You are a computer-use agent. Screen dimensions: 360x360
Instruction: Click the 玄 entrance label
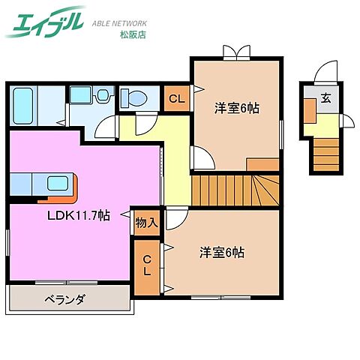click(x=326, y=97)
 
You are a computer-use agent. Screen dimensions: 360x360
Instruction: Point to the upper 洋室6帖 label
click(x=236, y=108)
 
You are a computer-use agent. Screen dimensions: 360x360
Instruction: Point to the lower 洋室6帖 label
click(x=221, y=253)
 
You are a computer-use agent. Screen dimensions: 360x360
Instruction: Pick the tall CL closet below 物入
click(x=148, y=265)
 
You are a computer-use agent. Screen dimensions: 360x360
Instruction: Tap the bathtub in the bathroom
click(x=23, y=106)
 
